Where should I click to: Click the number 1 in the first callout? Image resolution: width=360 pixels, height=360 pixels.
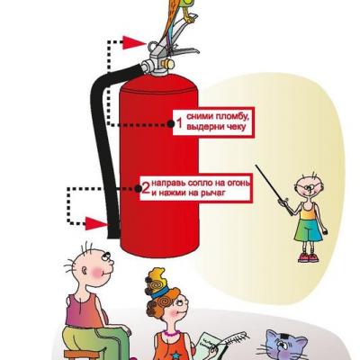tap(179, 123)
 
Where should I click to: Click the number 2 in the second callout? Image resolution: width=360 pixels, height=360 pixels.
tap(146, 188)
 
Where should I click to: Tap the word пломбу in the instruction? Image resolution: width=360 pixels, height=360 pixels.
tap(229, 116)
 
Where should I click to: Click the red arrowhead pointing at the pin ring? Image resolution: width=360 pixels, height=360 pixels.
tap(134, 42)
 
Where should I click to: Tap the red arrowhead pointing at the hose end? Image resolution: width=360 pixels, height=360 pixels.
tap(96, 224)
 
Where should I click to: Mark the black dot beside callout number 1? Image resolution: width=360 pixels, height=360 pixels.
tap(170, 123)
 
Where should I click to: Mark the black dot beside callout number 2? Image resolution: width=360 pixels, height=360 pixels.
tap(138, 188)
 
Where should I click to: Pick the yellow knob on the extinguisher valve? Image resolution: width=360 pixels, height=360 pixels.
tap(167, 64)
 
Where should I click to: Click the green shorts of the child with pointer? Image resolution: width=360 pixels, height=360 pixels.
tap(309, 230)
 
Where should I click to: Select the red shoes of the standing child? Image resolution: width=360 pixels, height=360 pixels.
tap(308, 257)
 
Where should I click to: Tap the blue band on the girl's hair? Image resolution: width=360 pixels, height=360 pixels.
tap(159, 292)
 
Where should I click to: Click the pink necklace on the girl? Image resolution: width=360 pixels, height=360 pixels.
tap(172, 333)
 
